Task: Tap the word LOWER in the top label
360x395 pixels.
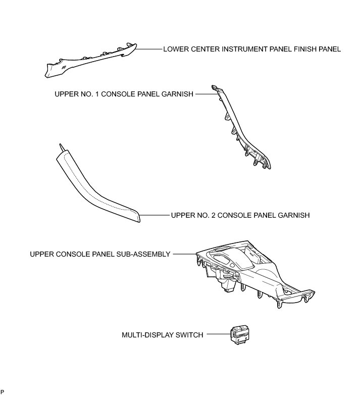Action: coord(175,50)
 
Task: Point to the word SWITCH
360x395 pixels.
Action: coord(190,335)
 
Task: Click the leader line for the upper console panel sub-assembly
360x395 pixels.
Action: coord(183,254)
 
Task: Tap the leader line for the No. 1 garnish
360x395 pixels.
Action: coord(202,93)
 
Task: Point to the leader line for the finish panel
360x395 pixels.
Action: coord(149,50)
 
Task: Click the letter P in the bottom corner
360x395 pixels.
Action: coord(3,391)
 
